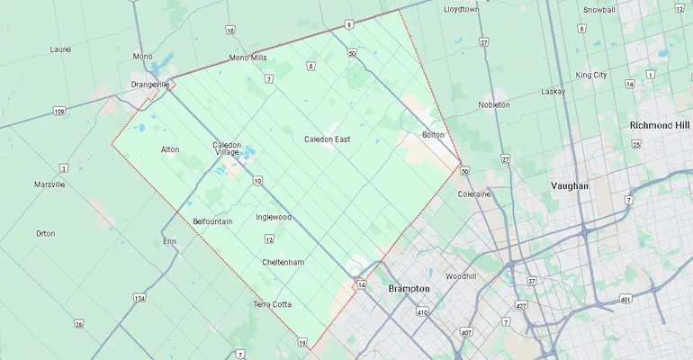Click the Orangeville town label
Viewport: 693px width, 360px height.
pyautogui.click(x=150, y=84)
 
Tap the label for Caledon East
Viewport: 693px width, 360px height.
pyautogui.click(x=327, y=139)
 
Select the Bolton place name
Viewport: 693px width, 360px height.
pyautogui.click(x=433, y=135)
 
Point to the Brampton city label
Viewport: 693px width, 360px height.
pyautogui.click(x=409, y=289)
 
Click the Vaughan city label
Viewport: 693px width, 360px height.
pyautogui.click(x=569, y=185)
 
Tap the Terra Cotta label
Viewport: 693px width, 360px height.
pyautogui.click(x=272, y=304)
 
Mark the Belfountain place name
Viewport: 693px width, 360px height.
pyautogui.click(x=212, y=221)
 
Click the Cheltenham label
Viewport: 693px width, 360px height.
pyautogui.click(x=283, y=262)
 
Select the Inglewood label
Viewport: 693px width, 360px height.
pyautogui.click(x=274, y=217)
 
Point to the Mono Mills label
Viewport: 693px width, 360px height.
pyautogui.click(x=248, y=58)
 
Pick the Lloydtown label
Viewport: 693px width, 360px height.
pyautogui.click(x=462, y=9)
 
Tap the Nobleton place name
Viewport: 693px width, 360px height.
pyautogui.click(x=493, y=105)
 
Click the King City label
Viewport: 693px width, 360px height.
pyautogui.click(x=591, y=75)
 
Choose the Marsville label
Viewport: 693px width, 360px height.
pyautogui.click(x=49, y=184)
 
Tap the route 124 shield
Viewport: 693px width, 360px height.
pyautogui.click(x=139, y=298)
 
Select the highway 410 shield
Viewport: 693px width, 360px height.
pyautogui.click(x=421, y=312)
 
